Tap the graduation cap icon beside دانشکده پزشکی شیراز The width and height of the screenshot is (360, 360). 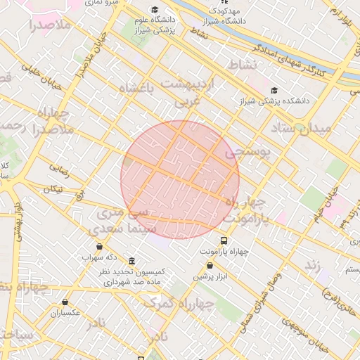tap(274, 90)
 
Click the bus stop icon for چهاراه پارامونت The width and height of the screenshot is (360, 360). tap(224, 240)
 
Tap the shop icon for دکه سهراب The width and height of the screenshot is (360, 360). tap(99, 247)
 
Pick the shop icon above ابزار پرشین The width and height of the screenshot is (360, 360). tap(210, 265)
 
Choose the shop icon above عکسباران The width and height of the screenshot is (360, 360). tap(65, 302)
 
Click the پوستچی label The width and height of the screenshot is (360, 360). tap(247, 153)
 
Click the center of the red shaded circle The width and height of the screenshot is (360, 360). tap(180, 179)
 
